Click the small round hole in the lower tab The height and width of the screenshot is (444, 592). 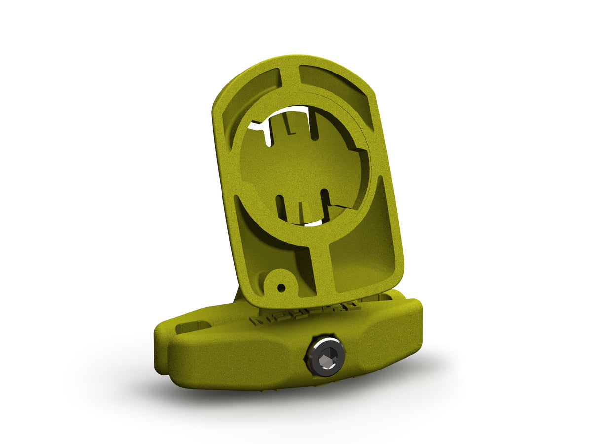281,287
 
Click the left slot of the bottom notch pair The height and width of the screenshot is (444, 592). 281,207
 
